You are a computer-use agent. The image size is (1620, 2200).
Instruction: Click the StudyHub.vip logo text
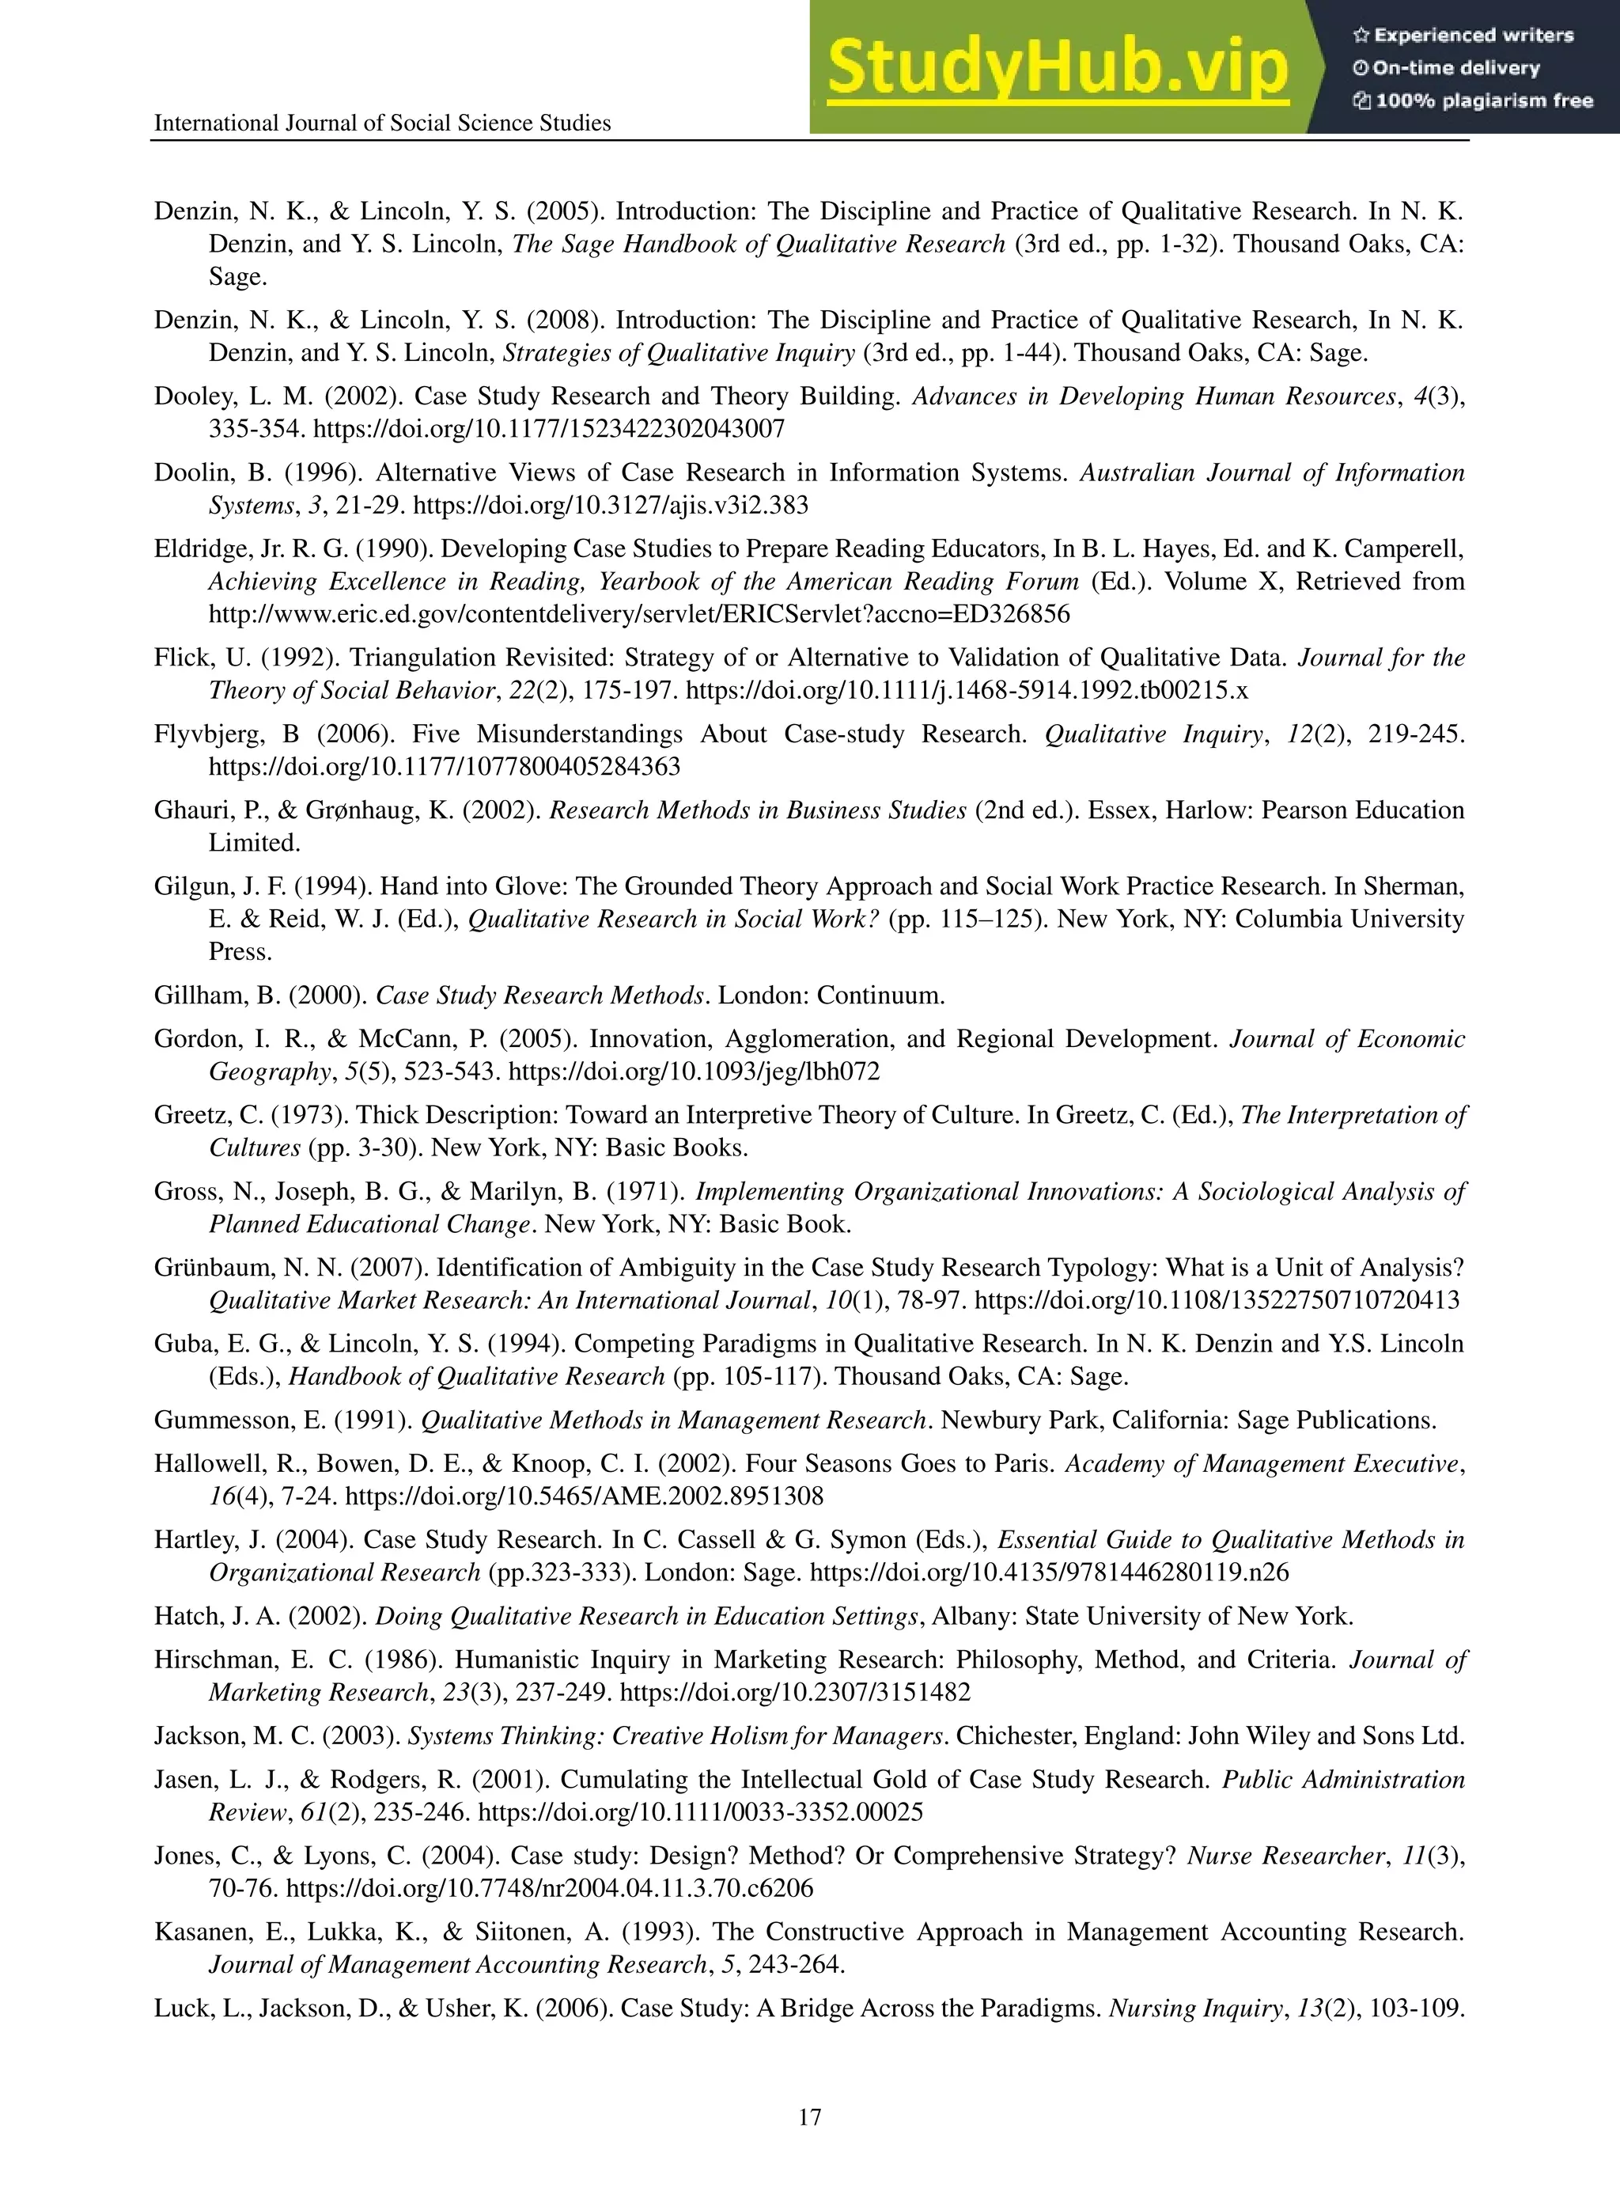(x=1057, y=66)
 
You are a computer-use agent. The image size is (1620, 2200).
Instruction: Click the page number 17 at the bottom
(x=809, y=2117)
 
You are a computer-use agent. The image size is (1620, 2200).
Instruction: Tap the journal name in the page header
(x=382, y=123)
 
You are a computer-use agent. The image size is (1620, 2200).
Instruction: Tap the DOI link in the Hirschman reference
(x=795, y=1692)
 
